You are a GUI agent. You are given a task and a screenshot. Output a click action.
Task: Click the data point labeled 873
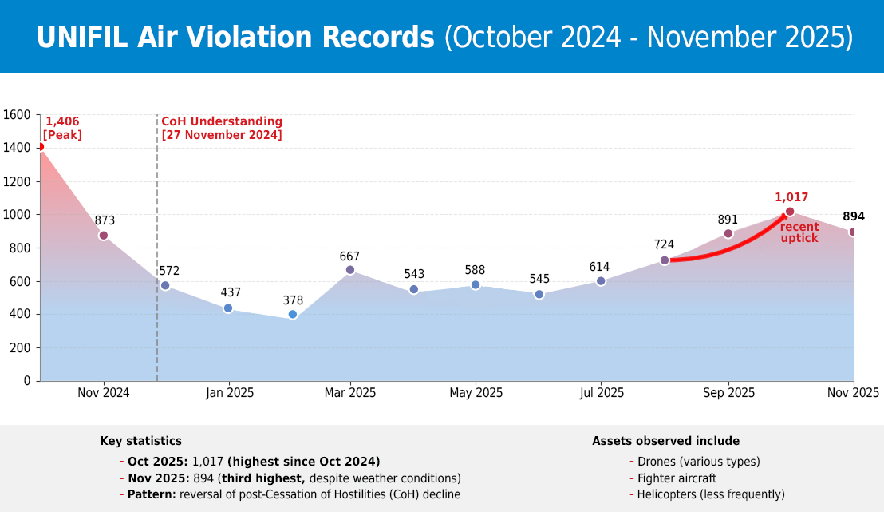104,236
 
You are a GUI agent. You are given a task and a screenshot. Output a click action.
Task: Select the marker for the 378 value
293,315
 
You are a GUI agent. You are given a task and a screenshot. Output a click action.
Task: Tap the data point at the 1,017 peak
790,212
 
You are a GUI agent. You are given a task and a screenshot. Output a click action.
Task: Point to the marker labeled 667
350,270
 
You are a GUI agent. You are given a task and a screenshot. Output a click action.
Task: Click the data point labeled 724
665,260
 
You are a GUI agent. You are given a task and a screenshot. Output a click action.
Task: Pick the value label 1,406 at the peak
62,122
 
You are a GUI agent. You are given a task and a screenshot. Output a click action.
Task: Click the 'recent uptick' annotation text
799,232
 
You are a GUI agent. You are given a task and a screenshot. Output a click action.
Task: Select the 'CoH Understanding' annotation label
222,122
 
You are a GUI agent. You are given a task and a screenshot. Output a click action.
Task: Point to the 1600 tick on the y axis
17,115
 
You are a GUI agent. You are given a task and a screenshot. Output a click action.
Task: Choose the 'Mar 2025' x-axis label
350,393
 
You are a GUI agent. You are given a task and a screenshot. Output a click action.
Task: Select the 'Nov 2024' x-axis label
104,393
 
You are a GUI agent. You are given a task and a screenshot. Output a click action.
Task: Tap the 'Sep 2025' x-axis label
728,393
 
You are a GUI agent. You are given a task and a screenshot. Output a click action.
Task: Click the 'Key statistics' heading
140,441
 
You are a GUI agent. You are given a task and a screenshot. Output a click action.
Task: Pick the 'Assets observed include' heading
665,441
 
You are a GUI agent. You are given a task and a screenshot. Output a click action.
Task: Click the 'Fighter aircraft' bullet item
677,478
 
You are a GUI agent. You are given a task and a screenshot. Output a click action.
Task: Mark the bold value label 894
854,216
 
